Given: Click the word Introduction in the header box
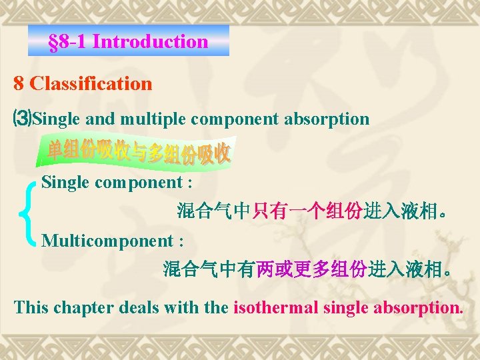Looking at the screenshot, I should (151, 41).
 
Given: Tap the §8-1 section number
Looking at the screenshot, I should (69, 41).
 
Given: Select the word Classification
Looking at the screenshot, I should (91, 83).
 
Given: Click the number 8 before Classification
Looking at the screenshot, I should (19, 83).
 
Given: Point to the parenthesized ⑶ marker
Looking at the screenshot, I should (23, 119).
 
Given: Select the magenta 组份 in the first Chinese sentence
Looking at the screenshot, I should (345, 212).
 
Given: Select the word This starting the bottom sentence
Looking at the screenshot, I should (29, 308).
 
